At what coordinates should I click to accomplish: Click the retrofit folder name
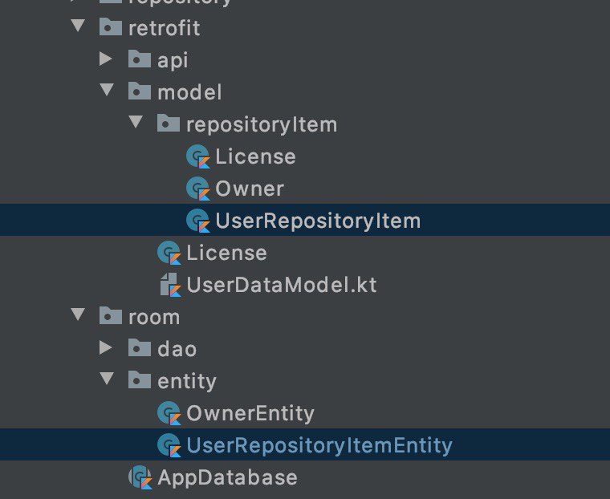point(164,28)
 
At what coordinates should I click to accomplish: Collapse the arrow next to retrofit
point(78,26)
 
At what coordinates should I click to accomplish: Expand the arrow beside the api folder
point(106,59)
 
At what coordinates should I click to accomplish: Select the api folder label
point(173,60)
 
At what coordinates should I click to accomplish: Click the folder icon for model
point(140,91)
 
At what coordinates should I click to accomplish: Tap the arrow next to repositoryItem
point(136,123)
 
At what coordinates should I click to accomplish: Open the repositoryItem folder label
point(261,124)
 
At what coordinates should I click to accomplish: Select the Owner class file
point(249,189)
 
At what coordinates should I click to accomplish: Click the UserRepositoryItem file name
point(318,221)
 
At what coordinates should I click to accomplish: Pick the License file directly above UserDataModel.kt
point(226,253)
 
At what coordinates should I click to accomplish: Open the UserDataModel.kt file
point(281,285)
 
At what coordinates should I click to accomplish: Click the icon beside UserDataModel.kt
point(169,284)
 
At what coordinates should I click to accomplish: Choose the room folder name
point(154,317)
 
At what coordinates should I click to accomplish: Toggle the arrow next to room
point(78,315)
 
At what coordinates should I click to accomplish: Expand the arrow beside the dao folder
point(106,347)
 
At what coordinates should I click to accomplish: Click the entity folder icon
point(140,380)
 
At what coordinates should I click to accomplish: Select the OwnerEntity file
point(250,413)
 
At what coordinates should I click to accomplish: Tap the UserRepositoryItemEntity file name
point(319,445)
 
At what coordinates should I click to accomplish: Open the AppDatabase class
point(227,477)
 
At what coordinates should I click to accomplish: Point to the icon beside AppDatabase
point(140,477)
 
